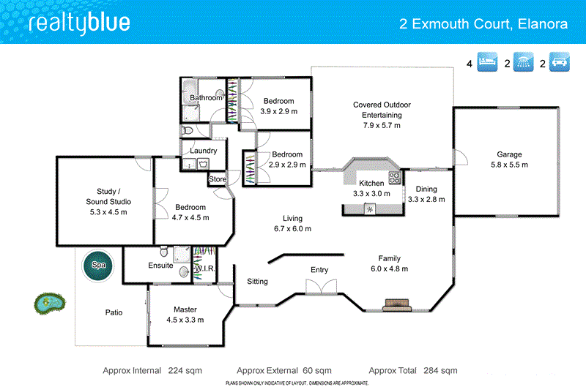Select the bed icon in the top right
[488, 64]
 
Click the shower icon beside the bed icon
[524, 64]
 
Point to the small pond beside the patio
[48, 301]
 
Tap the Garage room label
[509, 154]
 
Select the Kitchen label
[371, 183]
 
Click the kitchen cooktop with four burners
[395, 177]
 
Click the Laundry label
[203, 151]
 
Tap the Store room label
[218, 179]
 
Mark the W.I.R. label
[204, 269]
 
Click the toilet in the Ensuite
[167, 253]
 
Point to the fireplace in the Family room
[398, 305]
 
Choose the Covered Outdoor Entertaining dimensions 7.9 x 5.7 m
[382, 126]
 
